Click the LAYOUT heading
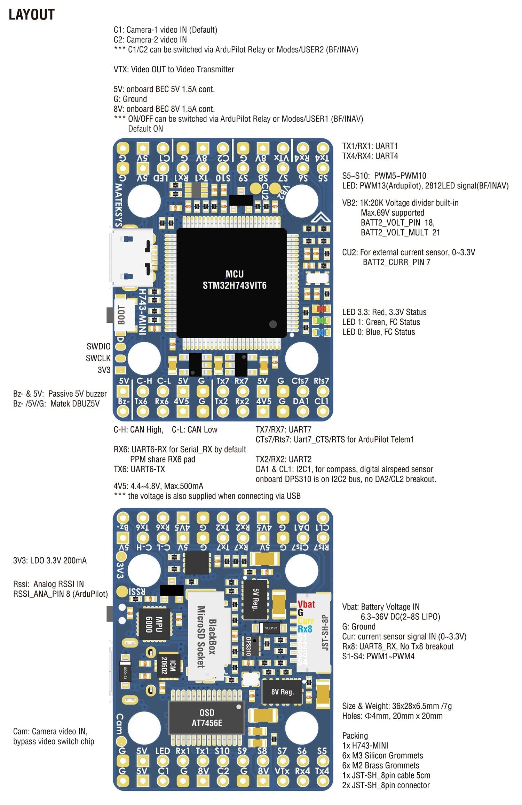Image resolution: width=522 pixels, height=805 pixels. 31,15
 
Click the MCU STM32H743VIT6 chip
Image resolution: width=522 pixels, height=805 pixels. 231,282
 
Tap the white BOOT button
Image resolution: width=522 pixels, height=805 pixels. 124,315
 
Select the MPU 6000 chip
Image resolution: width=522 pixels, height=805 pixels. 154,624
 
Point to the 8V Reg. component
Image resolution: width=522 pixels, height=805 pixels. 282,692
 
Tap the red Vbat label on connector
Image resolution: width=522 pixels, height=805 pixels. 306,604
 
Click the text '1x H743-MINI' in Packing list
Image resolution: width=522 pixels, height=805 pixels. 365,745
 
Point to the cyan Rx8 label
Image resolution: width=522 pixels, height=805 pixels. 305,629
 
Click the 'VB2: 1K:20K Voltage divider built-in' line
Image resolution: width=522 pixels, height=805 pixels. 400,203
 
